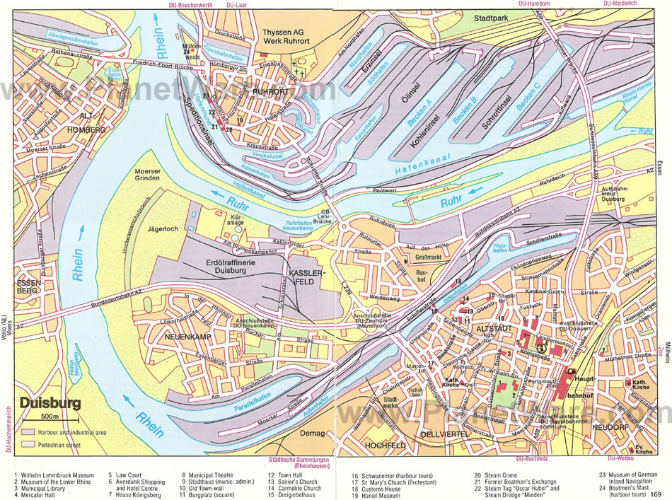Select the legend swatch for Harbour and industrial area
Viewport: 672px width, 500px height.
28,431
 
